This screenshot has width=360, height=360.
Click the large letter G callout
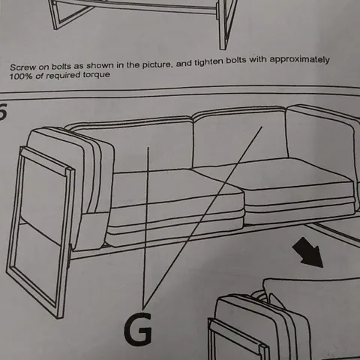click(138, 328)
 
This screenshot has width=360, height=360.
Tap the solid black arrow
click(308, 253)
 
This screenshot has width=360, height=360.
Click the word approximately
click(299, 60)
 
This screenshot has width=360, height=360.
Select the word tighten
click(208, 61)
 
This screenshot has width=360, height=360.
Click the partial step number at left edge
click(3, 111)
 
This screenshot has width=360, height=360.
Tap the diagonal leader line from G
click(202, 217)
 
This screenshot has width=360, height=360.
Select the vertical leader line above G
click(145, 228)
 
